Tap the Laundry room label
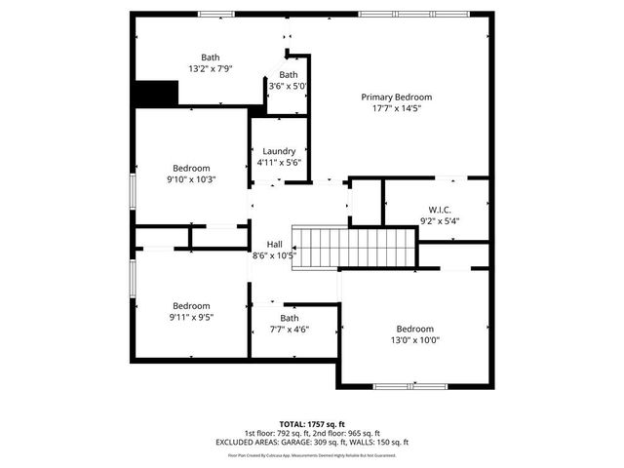(x=279, y=151)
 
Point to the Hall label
(x=274, y=245)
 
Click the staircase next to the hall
(x=356, y=248)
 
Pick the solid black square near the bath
(x=157, y=94)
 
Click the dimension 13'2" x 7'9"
(x=211, y=69)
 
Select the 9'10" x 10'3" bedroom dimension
(x=191, y=179)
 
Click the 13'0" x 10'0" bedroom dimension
(x=414, y=340)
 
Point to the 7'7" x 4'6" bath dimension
(x=290, y=330)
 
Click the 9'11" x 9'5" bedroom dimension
(x=191, y=317)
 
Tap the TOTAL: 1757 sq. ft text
(x=312, y=424)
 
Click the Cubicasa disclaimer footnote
(x=312, y=454)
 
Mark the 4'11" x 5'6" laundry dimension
(x=279, y=163)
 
